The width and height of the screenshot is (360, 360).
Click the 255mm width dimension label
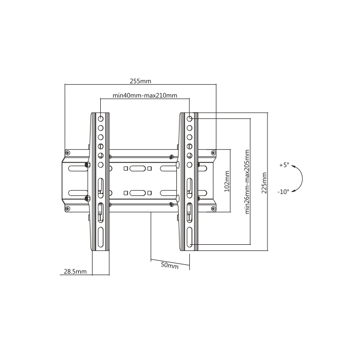pyautogui.click(x=140, y=81)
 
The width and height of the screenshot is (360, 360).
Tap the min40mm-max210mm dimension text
pyautogui.click(x=145, y=95)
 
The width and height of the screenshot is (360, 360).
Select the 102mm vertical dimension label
pyautogui.click(x=227, y=182)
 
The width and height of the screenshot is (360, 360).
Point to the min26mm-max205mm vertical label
pyautogui.click(x=247, y=182)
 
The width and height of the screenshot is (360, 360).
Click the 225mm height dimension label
pyautogui.click(x=264, y=183)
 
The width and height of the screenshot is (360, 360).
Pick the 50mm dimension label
pyautogui.click(x=170, y=265)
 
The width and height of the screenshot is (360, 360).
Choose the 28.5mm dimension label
pyautogui.click(x=75, y=272)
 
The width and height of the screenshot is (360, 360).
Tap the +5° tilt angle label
pyautogui.click(x=284, y=165)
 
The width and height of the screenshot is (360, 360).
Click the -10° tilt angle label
pyautogui.click(x=283, y=191)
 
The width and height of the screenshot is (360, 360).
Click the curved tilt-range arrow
pyautogui.click(x=302, y=178)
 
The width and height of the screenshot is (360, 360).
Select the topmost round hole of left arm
pyautogui.click(x=101, y=119)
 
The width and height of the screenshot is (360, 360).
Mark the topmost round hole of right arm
pyautogui.click(x=189, y=119)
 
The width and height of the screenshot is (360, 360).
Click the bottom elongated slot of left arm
pyautogui.click(x=101, y=237)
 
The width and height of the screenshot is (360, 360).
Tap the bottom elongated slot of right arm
pyautogui.click(x=189, y=237)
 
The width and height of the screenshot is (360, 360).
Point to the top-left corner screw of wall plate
pyautogui.click(x=67, y=153)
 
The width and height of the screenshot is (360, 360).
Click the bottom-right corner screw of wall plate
pyautogui.click(x=213, y=208)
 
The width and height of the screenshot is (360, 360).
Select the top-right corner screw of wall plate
pyautogui.click(x=213, y=153)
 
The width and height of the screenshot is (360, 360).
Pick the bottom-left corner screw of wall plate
pyautogui.click(x=67, y=208)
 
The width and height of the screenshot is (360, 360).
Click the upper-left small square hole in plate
pyautogui.click(x=125, y=169)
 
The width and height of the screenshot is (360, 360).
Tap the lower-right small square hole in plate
pyautogui.click(x=150, y=193)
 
